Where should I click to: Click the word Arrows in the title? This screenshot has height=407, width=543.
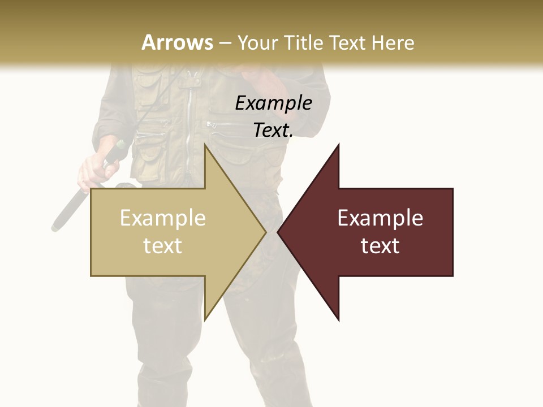[x=178, y=42]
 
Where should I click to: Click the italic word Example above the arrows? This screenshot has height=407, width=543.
[x=273, y=103]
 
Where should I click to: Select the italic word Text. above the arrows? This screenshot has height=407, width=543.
[x=273, y=130]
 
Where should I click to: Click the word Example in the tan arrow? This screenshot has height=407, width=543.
[x=163, y=218]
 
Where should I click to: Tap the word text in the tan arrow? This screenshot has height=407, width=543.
[x=163, y=245]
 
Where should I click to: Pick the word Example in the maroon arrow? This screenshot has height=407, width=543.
[x=380, y=218]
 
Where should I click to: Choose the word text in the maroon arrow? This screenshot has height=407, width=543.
[x=380, y=245]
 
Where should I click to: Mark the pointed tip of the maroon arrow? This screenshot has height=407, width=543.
[x=278, y=232]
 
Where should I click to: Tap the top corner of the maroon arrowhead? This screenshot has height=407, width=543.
[x=338, y=145]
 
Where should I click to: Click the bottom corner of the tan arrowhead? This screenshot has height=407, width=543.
[x=205, y=320]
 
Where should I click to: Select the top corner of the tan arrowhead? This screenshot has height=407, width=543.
[x=205, y=145]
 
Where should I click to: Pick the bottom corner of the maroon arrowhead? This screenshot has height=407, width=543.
[x=338, y=320]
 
